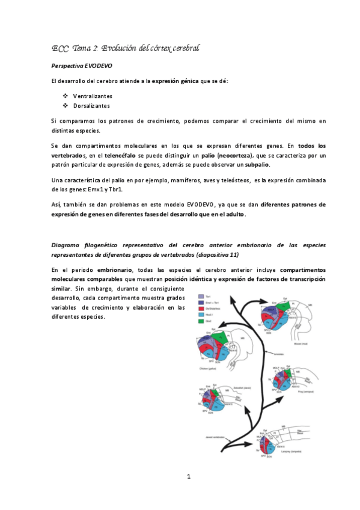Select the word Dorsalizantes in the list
click(91, 106)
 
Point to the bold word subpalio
click(258, 165)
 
